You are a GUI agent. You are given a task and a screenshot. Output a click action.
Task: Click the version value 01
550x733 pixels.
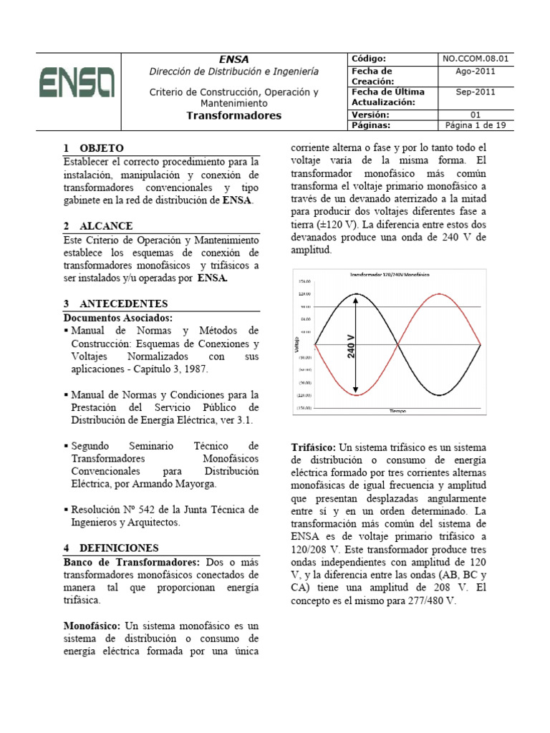pos(475,115)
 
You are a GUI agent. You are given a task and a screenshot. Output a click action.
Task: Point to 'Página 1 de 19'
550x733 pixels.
pos(475,125)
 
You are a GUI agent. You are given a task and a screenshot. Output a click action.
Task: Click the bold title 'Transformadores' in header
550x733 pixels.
pos(234,115)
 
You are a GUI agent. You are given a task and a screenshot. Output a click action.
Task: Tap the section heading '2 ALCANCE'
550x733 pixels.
pos(98,226)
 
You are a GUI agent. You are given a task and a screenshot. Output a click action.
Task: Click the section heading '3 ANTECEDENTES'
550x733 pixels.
pos(115,304)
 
